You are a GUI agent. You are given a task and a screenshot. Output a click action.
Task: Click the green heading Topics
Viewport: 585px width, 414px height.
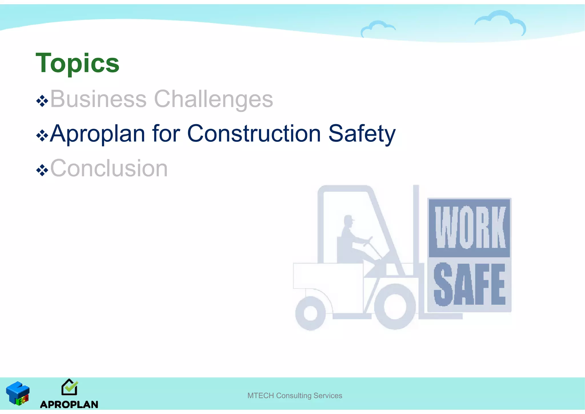tap(77, 63)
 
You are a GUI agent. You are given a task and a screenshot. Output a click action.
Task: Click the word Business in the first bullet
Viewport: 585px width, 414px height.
tap(98, 99)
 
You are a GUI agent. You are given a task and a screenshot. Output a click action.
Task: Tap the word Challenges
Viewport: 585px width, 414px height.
tap(213, 99)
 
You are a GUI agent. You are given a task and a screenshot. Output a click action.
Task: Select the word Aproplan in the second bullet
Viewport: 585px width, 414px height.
tap(97, 134)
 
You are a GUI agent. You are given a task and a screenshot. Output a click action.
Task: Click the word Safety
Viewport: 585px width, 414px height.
tap(362, 134)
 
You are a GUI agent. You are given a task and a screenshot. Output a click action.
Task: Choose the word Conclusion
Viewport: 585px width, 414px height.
tap(109, 168)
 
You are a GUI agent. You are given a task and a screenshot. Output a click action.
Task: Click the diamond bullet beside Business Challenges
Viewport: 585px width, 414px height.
tap(42, 101)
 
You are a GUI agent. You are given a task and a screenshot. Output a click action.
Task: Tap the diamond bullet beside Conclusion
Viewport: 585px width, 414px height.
tap(42, 170)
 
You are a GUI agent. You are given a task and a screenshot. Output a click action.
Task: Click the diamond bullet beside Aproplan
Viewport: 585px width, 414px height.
tap(42, 136)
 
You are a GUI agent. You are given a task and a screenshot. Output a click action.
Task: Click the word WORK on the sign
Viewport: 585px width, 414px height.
tap(470, 227)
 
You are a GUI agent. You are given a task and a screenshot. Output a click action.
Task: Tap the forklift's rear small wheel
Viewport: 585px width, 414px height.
tap(310, 313)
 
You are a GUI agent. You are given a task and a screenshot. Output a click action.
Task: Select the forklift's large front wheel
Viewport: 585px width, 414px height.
tap(395, 307)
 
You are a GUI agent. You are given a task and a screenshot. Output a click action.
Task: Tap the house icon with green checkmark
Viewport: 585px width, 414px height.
tap(69, 387)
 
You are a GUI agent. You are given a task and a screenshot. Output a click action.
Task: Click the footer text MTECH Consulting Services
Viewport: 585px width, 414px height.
tap(294, 396)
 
